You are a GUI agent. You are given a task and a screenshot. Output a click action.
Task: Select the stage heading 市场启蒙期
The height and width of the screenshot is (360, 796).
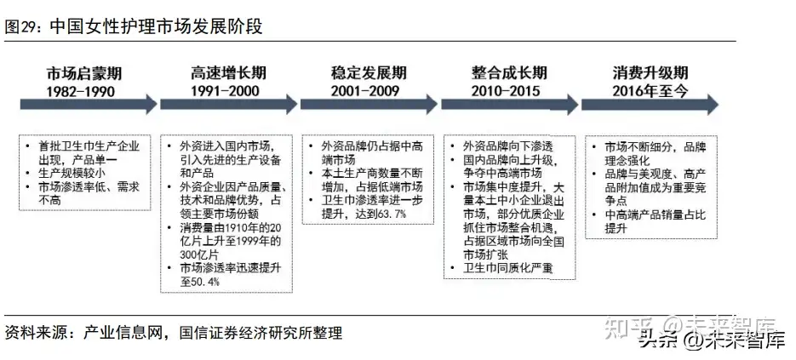click(84, 73)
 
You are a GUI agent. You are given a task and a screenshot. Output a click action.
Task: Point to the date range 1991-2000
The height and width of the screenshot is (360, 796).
click(225, 91)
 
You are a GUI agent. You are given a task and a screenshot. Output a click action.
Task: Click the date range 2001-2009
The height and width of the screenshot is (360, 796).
click(365, 91)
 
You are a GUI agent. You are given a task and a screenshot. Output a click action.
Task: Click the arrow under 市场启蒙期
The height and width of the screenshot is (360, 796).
click(89, 104)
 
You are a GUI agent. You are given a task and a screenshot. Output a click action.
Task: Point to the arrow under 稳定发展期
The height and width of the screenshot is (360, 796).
click(369, 104)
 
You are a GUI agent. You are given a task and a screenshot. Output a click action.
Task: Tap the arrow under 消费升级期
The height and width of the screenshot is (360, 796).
click(650, 104)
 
